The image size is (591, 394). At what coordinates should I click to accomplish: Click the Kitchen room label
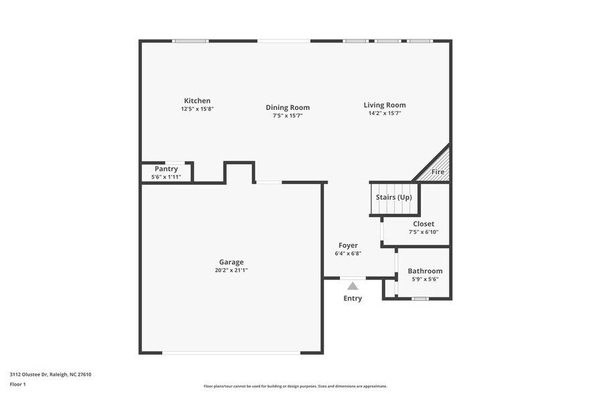[x=197, y=101]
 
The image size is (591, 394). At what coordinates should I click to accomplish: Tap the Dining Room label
[x=287, y=107]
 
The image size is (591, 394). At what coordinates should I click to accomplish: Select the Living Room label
[x=385, y=105]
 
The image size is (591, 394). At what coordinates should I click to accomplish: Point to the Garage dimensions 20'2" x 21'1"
[x=231, y=270]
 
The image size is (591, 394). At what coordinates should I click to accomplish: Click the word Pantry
[x=166, y=169]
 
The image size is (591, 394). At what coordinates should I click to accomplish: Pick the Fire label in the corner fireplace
[x=438, y=172]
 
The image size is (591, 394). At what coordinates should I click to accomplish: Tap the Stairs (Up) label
[x=393, y=197]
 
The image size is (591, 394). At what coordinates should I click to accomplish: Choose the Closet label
[x=423, y=224]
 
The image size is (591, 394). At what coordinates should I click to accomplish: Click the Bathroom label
[x=425, y=271]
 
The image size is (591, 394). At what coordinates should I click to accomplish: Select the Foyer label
[x=348, y=245]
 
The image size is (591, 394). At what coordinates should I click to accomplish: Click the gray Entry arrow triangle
[x=352, y=285]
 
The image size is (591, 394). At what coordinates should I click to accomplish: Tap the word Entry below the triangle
[x=352, y=298]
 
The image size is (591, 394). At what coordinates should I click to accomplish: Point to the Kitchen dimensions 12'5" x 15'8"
[x=197, y=109]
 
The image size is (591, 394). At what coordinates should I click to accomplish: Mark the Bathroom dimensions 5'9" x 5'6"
[x=425, y=279]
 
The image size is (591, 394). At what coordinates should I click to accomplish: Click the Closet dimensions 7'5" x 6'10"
[x=423, y=232]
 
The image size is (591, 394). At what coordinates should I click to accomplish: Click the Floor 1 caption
[x=17, y=384]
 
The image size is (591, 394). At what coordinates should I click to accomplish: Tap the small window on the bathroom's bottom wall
[x=420, y=298]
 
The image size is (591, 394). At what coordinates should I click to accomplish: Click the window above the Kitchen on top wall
[x=190, y=41]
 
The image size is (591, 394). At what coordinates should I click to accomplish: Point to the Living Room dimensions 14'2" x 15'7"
[x=385, y=113]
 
